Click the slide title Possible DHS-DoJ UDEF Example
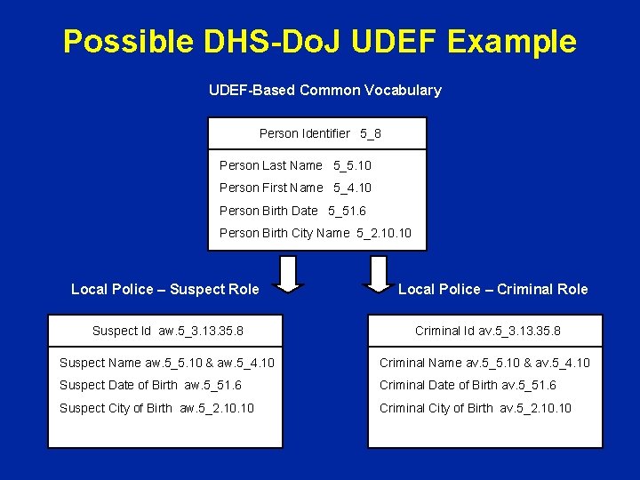click(x=319, y=41)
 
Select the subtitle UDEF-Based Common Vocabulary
click(x=324, y=90)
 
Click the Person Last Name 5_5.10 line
click(x=295, y=165)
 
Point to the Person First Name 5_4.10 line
click(x=295, y=188)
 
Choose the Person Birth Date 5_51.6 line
click(x=292, y=211)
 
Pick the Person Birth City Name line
click(x=315, y=234)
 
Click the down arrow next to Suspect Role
click(x=286, y=274)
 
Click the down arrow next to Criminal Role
click(x=379, y=274)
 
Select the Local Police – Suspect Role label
click(x=165, y=289)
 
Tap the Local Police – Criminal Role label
click(x=492, y=289)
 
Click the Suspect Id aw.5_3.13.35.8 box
click(x=168, y=331)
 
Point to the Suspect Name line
click(x=166, y=363)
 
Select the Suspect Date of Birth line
click(x=150, y=385)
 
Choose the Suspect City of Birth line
click(x=156, y=408)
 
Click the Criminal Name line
click(x=484, y=363)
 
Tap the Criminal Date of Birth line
click(x=468, y=385)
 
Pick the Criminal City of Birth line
click(x=476, y=408)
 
